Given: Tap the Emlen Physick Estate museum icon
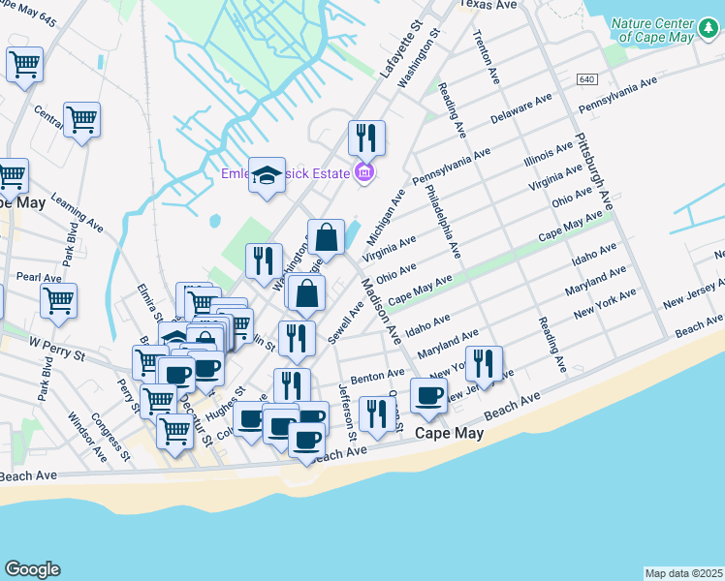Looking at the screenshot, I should coord(364,174).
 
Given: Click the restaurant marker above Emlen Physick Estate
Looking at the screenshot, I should coord(366,138).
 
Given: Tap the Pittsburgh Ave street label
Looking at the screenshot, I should coord(593,171).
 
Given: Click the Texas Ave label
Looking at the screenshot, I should coord(489,5).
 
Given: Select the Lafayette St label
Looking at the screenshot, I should coord(406,58).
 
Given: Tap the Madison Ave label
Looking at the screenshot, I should coord(381,312).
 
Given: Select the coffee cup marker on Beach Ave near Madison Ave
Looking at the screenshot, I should coord(428,394).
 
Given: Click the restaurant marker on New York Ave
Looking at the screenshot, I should coord(484,363).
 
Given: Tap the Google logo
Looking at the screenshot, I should coord(32,569).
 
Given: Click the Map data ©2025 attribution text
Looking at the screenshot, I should coord(684,573).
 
